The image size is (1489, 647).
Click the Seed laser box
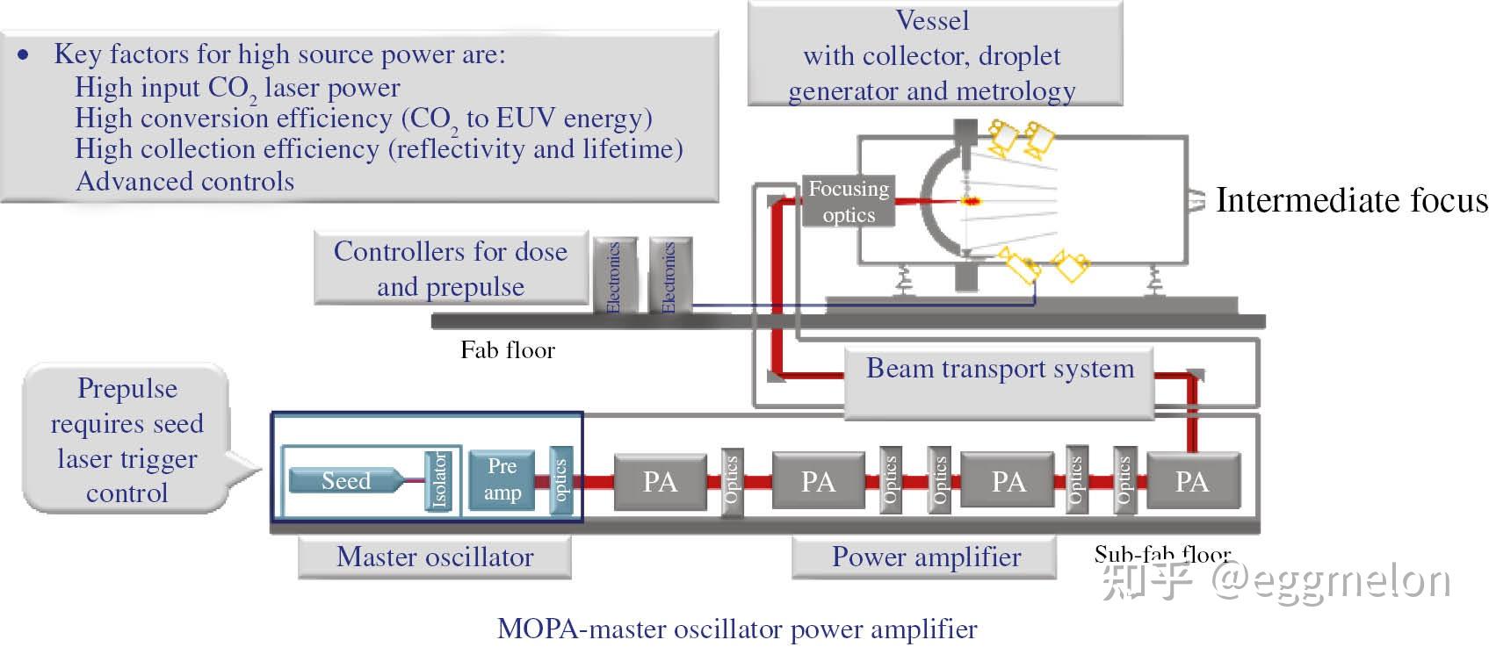(x=345, y=480)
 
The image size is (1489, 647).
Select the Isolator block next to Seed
(x=439, y=479)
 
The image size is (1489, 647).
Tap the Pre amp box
(x=502, y=479)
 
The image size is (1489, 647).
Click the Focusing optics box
(x=848, y=202)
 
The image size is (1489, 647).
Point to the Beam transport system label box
(x=999, y=369)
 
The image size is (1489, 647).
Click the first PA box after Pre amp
(x=660, y=481)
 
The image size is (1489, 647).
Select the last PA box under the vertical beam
(x=1192, y=481)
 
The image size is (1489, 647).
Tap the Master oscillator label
(x=435, y=557)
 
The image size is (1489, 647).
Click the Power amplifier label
(x=925, y=557)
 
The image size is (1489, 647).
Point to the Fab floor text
(x=508, y=350)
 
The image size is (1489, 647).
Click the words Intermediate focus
(x=1351, y=200)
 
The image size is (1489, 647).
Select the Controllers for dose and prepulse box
(x=451, y=269)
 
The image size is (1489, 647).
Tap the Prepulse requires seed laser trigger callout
(x=126, y=440)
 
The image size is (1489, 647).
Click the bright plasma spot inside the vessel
(x=972, y=201)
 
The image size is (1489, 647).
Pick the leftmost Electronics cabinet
(x=614, y=276)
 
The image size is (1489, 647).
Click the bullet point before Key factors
(x=24, y=55)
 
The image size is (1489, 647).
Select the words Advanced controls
(x=184, y=181)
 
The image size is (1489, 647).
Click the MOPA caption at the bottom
(x=736, y=629)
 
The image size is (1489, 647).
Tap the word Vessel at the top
(x=932, y=20)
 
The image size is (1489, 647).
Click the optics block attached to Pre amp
(x=560, y=479)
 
